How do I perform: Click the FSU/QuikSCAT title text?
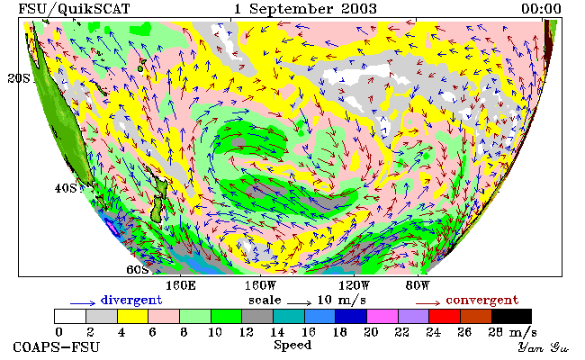(x=74, y=9)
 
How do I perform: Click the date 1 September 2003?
(x=305, y=9)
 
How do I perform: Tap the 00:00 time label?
(x=541, y=8)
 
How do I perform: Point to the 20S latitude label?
(x=19, y=78)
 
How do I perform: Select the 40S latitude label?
(x=66, y=188)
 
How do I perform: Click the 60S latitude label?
(x=138, y=269)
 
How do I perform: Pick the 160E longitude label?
(x=181, y=286)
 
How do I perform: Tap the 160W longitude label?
(x=260, y=286)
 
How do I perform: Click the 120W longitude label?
(x=354, y=286)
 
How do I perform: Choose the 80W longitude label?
(x=418, y=286)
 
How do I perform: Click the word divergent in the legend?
(x=131, y=300)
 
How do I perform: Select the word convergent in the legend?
(x=482, y=300)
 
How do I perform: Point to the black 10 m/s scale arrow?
(x=299, y=303)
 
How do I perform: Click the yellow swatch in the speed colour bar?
(x=133, y=316)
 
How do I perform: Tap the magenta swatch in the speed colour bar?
(x=382, y=316)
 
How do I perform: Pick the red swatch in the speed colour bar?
(x=445, y=316)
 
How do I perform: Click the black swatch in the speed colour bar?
(x=511, y=316)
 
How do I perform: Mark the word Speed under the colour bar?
(x=292, y=346)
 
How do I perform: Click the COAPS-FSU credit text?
(x=57, y=347)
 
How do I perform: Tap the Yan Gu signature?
(x=544, y=347)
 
